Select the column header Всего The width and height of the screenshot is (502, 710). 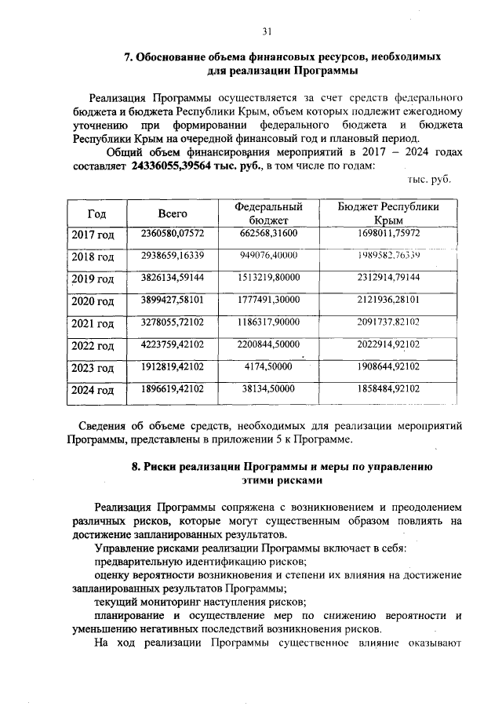click(172, 213)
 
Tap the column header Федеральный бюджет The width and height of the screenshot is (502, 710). click(268, 213)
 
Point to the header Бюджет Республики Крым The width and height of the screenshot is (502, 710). click(388, 213)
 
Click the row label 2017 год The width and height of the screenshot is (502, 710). click(93, 235)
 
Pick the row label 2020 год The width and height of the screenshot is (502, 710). click(93, 300)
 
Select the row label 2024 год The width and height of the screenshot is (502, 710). click(93, 388)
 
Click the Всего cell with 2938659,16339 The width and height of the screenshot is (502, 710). click(172, 256)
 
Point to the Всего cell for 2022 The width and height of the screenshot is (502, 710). click(172, 344)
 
